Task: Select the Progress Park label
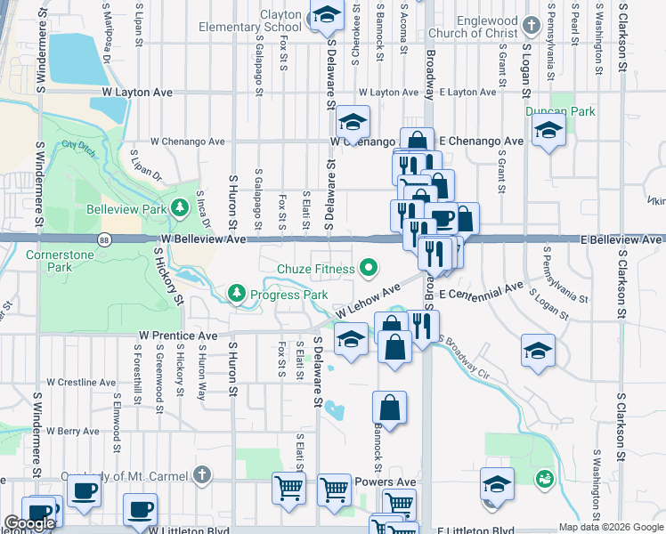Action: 283,293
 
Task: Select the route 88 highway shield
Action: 105,239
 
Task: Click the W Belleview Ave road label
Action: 203,239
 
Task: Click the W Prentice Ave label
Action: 178,336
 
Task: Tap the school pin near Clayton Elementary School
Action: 326,15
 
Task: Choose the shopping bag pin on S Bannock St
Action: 389,409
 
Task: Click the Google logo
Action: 29,524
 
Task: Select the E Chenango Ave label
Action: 481,141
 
